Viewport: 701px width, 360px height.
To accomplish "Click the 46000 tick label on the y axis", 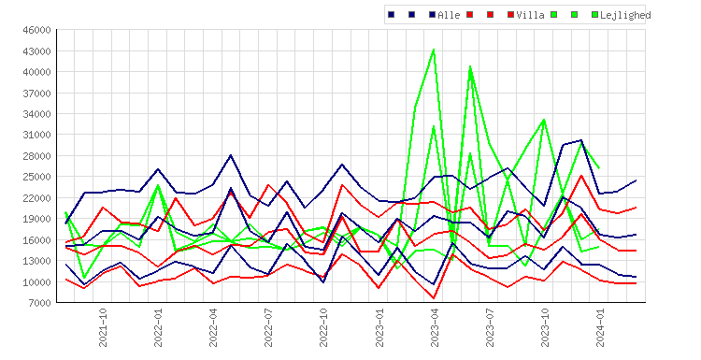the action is coord(37,31).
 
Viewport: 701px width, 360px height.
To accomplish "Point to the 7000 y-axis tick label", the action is coord(40,303).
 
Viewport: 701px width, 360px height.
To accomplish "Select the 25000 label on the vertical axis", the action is coord(37,177).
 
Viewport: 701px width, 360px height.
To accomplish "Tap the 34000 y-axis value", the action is coord(37,114).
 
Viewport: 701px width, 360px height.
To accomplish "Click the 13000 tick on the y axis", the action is coord(37,261).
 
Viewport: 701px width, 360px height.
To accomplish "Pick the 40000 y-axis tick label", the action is coord(37,72).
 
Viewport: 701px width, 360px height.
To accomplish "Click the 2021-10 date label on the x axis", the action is coord(103,327).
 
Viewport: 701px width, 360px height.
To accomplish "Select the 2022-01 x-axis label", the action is coord(158,327).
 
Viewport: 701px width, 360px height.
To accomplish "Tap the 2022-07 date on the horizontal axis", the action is coord(268,327).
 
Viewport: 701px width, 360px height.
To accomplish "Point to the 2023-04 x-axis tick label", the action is coord(434,327).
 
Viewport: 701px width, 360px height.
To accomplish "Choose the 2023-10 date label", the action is coord(545,327).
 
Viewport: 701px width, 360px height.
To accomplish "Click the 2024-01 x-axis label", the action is coord(600,327).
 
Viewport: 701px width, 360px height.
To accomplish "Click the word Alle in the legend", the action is coord(449,15).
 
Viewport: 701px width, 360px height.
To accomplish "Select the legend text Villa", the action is coord(530,15).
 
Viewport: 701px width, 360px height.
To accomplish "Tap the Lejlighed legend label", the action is coord(625,15).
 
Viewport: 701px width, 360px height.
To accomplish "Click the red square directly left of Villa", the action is coord(511,15).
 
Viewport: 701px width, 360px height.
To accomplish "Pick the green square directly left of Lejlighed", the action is coord(594,15).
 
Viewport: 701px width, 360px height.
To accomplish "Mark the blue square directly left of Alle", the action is coord(433,15).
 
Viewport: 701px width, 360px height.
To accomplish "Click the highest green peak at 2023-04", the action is coord(434,50).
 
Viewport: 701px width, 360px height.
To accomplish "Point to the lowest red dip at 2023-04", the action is coord(434,298).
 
